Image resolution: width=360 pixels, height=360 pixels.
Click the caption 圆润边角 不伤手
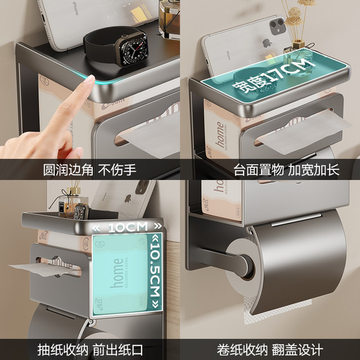[x=90, y=169]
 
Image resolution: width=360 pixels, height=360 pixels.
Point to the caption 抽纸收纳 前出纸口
[x=90, y=348]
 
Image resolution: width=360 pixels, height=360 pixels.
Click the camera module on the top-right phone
[x=277, y=25]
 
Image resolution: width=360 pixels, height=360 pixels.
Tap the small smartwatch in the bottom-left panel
[x=81, y=211]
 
